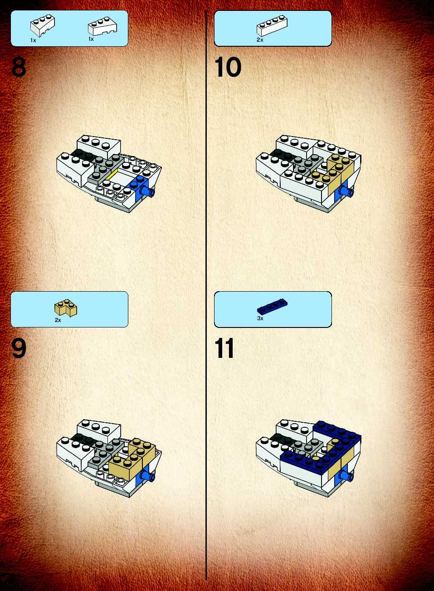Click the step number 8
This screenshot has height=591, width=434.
click(19, 67)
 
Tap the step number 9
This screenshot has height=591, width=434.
click(19, 348)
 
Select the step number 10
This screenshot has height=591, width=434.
click(228, 67)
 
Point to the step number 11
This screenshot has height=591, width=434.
click(224, 348)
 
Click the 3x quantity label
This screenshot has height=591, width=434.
click(260, 318)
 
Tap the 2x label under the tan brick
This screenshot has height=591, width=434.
click(58, 320)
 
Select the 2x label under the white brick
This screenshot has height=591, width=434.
click(260, 40)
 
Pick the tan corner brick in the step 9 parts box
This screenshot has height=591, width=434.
click(66, 308)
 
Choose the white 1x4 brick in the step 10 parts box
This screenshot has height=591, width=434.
click(272, 25)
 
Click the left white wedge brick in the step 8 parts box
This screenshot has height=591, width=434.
click(43, 25)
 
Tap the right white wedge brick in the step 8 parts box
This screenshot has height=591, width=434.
click(102, 26)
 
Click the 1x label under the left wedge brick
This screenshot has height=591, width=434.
click(33, 40)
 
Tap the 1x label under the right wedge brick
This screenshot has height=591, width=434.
click(91, 39)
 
